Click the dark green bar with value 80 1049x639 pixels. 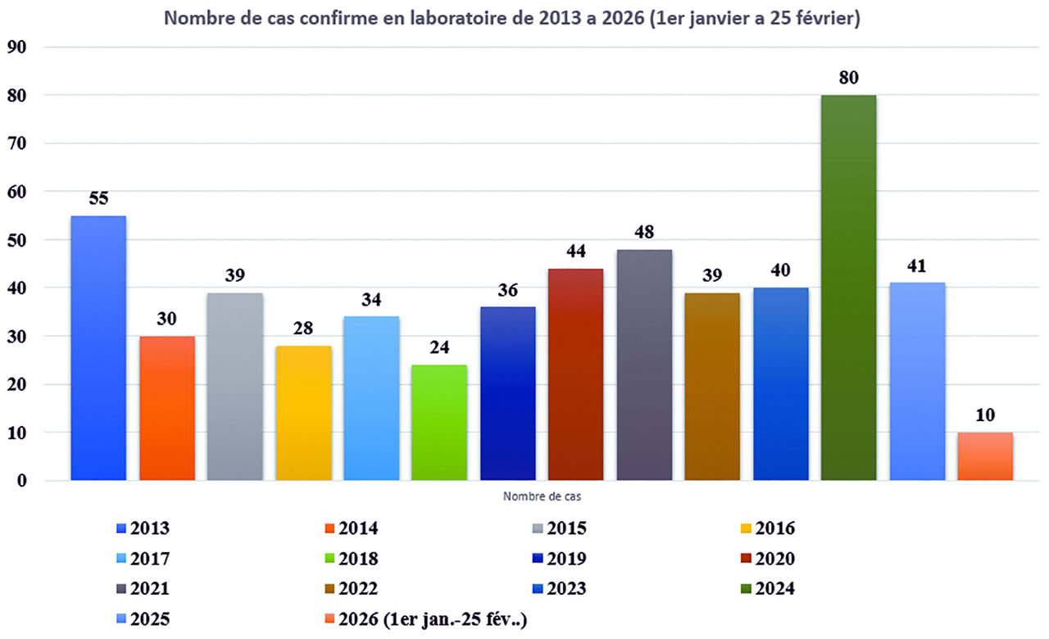click(x=849, y=287)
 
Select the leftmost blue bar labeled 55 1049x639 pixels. click(x=98, y=347)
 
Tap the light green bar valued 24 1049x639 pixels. click(x=439, y=422)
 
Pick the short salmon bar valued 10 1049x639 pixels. click(x=985, y=455)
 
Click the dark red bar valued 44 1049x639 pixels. click(x=576, y=374)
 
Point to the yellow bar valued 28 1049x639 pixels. click(x=303, y=413)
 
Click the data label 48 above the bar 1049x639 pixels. click(x=644, y=232)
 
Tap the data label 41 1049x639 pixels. click(x=917, y=265)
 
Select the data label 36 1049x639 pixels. click(x=508, y=290)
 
